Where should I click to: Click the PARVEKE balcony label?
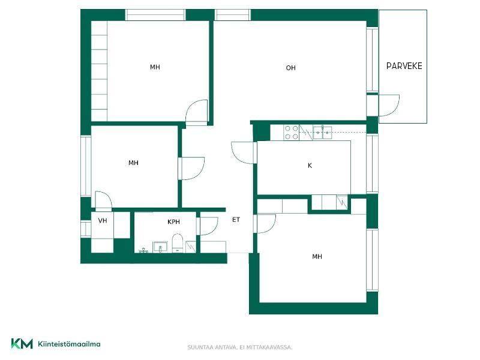[404, 66]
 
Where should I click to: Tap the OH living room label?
[290, 68]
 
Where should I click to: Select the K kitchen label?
[310, 166]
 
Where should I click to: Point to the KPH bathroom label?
[173, 221]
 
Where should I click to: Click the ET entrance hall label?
[236, 220]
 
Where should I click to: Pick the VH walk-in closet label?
[103, 220]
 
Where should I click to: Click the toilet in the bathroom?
[177, 243]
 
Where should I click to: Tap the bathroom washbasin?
[160, 247]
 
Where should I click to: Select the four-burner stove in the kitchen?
[292, 132]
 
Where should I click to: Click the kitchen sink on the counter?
[322, 133]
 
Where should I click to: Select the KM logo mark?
[22, 344]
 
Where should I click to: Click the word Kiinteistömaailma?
[69, 344]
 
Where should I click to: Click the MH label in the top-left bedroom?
[155, 67]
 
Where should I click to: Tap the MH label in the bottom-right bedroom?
[317, 257]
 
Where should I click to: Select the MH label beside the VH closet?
[133, 163]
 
